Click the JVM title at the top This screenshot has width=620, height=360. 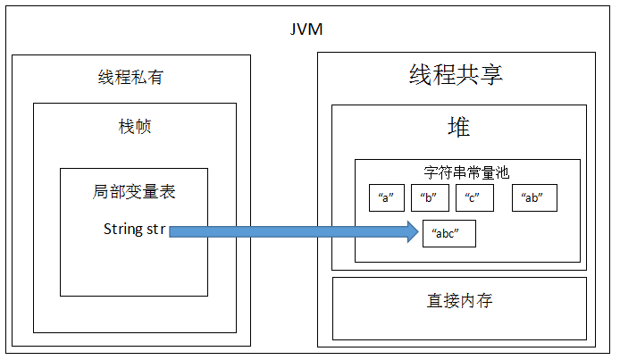pyautogui.click(x=306, y=29)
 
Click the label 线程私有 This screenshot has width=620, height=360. pyautogui.click(x=130, y=78)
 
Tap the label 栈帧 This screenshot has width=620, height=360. pyautogui.click(x=135, y=127)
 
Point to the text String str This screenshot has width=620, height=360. pyautogui.click(x=134, y=230)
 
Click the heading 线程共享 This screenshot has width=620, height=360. pyautogui.click(x=457, y=75)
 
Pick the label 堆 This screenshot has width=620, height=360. pyautogui.click(x=459, y=127)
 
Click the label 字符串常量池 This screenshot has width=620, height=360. pyautogui.click(x=466, y=172)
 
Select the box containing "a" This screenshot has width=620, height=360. pyautogui.click(x=387, y=198)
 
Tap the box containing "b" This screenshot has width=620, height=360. pyautogui.click(x=430, y=198)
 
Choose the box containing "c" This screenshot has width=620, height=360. pyautogui.click(x=473, y=198)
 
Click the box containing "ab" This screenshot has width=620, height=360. pyautogui.click(x=534, y=198)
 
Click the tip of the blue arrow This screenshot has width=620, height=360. pyautogui.click(x=416, y=232)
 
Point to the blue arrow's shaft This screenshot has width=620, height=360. pyautogui.click(x=286, y=232)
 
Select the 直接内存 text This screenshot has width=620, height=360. pyautogui.click(x=459, y=301)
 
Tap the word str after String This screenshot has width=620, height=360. pyautogui.click(x=155, y=230)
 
